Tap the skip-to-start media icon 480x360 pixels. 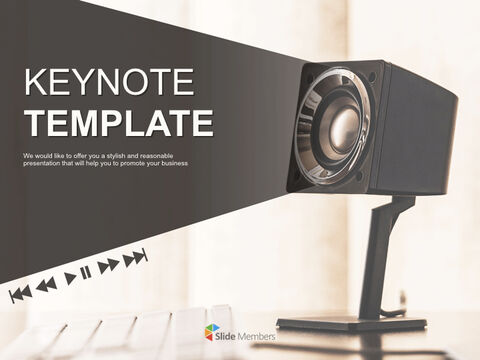[19, 293]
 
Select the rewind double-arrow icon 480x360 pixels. [46, 285]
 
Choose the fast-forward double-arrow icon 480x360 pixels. [108, 264]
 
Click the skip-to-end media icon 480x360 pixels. [136, 257]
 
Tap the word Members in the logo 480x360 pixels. [256, 334]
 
